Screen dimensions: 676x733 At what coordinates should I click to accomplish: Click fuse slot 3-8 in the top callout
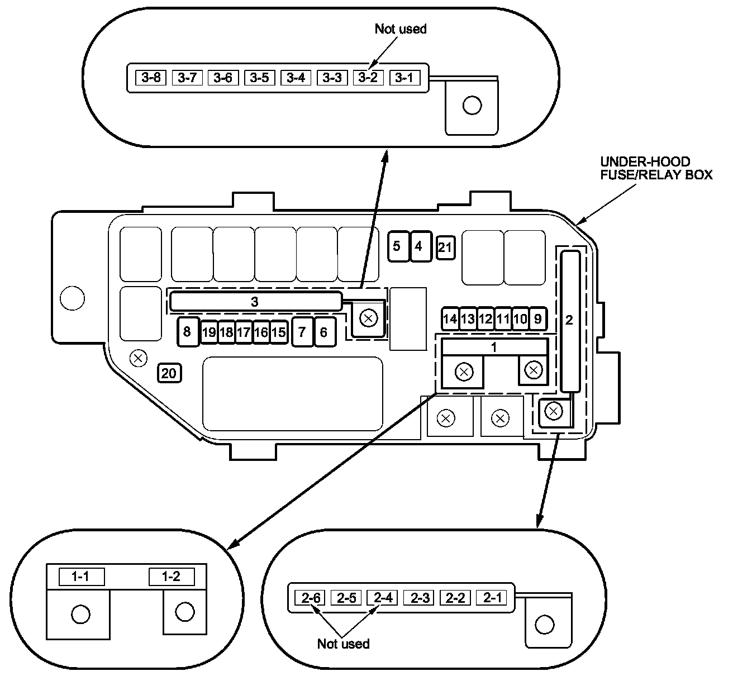point(151,77)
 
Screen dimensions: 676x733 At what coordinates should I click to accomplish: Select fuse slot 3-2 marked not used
point(368,77)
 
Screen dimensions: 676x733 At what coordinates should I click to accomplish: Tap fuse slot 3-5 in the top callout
point(259,77)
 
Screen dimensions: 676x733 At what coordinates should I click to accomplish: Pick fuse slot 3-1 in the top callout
point(404,77)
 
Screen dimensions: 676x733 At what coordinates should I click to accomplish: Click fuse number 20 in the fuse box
point(169,373)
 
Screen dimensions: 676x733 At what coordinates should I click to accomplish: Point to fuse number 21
point(445,247)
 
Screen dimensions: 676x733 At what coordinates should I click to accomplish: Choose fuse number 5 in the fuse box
point(397,246)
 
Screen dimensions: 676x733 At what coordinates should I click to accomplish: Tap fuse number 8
point(187,332)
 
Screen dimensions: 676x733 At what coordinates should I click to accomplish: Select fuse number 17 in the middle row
point(244,332)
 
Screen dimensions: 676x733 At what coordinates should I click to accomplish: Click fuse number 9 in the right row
point(537,319)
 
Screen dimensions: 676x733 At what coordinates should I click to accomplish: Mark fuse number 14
point(450,319)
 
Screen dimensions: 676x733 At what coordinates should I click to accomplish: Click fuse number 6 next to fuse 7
point(323,332)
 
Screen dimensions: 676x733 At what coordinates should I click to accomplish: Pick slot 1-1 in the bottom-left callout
point(82,577)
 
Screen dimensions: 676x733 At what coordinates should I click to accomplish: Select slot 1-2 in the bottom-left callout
point(172,577)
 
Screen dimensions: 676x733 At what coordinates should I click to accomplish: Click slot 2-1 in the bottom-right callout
point(492,598)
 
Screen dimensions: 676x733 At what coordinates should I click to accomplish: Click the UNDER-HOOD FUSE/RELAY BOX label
point(656,168)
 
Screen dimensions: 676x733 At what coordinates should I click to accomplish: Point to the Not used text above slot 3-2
point(400,29)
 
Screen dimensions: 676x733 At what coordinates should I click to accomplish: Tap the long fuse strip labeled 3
point(255,302)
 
